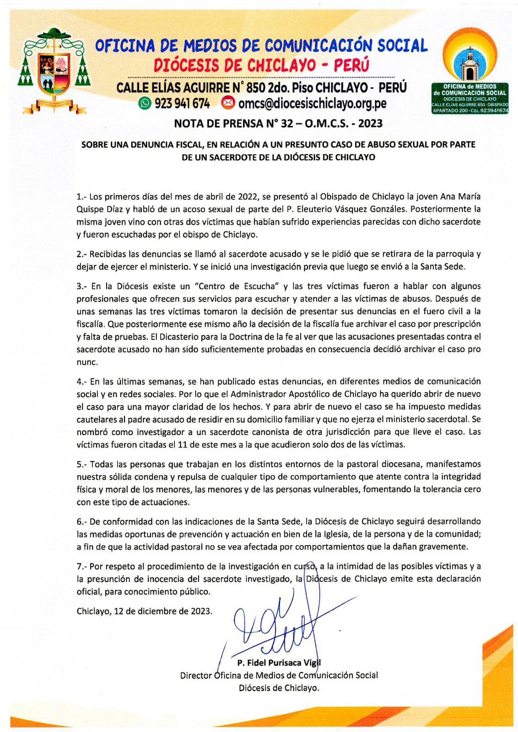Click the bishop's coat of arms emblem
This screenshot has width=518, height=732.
[x=54, y=69]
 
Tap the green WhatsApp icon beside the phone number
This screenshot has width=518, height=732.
[x=145, y=104]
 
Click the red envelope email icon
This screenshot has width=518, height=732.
[x=227, y=103]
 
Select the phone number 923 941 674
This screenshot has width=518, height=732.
[x=182, y=104]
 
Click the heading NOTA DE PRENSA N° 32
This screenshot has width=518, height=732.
[x=278, y=123]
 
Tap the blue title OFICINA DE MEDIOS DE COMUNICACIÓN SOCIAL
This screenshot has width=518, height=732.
[x=261, y=45]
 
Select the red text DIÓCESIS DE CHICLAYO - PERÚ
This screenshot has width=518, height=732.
[x=261, y=65]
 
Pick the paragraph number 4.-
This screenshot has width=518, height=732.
[x=82, y=381]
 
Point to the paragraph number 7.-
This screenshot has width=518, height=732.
[x=82, y=566]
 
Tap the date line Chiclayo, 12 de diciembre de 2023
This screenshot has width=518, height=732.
[x=145, y=611]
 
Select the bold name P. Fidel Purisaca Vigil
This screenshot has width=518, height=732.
[x=279, y=662]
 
